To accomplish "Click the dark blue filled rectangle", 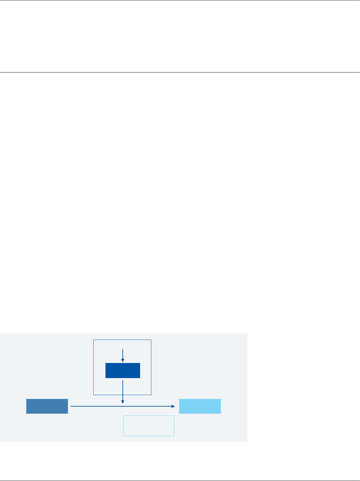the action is pyautogui.click(x=123, y=370).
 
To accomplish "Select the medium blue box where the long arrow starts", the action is pyautogui.click(x=47, y=406).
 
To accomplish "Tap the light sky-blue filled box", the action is pyautogui.click(x=200, y=406).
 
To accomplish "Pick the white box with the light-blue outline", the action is pyautogui.click(x=149, y=426).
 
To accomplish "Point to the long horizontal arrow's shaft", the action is pyautogui.click(x=96, y=406).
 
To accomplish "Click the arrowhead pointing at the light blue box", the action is pyautogui.click(x=173, y=406).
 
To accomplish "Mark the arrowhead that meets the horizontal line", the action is pyautogui.click(x=123, y=402).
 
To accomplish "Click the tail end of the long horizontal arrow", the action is pyautogui.click(x=71, y=406).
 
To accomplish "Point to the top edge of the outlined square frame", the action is pyautogui.click(x=122, y=340).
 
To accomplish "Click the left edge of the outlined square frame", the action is pyautogui.click(x=93, y=367).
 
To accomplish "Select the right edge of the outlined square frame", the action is pyautogui.click(x=151, y=367).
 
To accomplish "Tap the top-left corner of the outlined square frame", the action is pyautogui.click(x=94, y=340).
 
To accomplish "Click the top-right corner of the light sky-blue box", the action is pyautogui.click(x=221, y=399).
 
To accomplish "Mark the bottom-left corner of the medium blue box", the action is pyautogui.click(x=27, y=413).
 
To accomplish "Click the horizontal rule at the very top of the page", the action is pyautogui.click(x=180, y=0).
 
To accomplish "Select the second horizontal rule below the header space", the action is pyautogui.click(x=180, y=72).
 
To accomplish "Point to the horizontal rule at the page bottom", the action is pyautogui.click(x=180, y=481).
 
